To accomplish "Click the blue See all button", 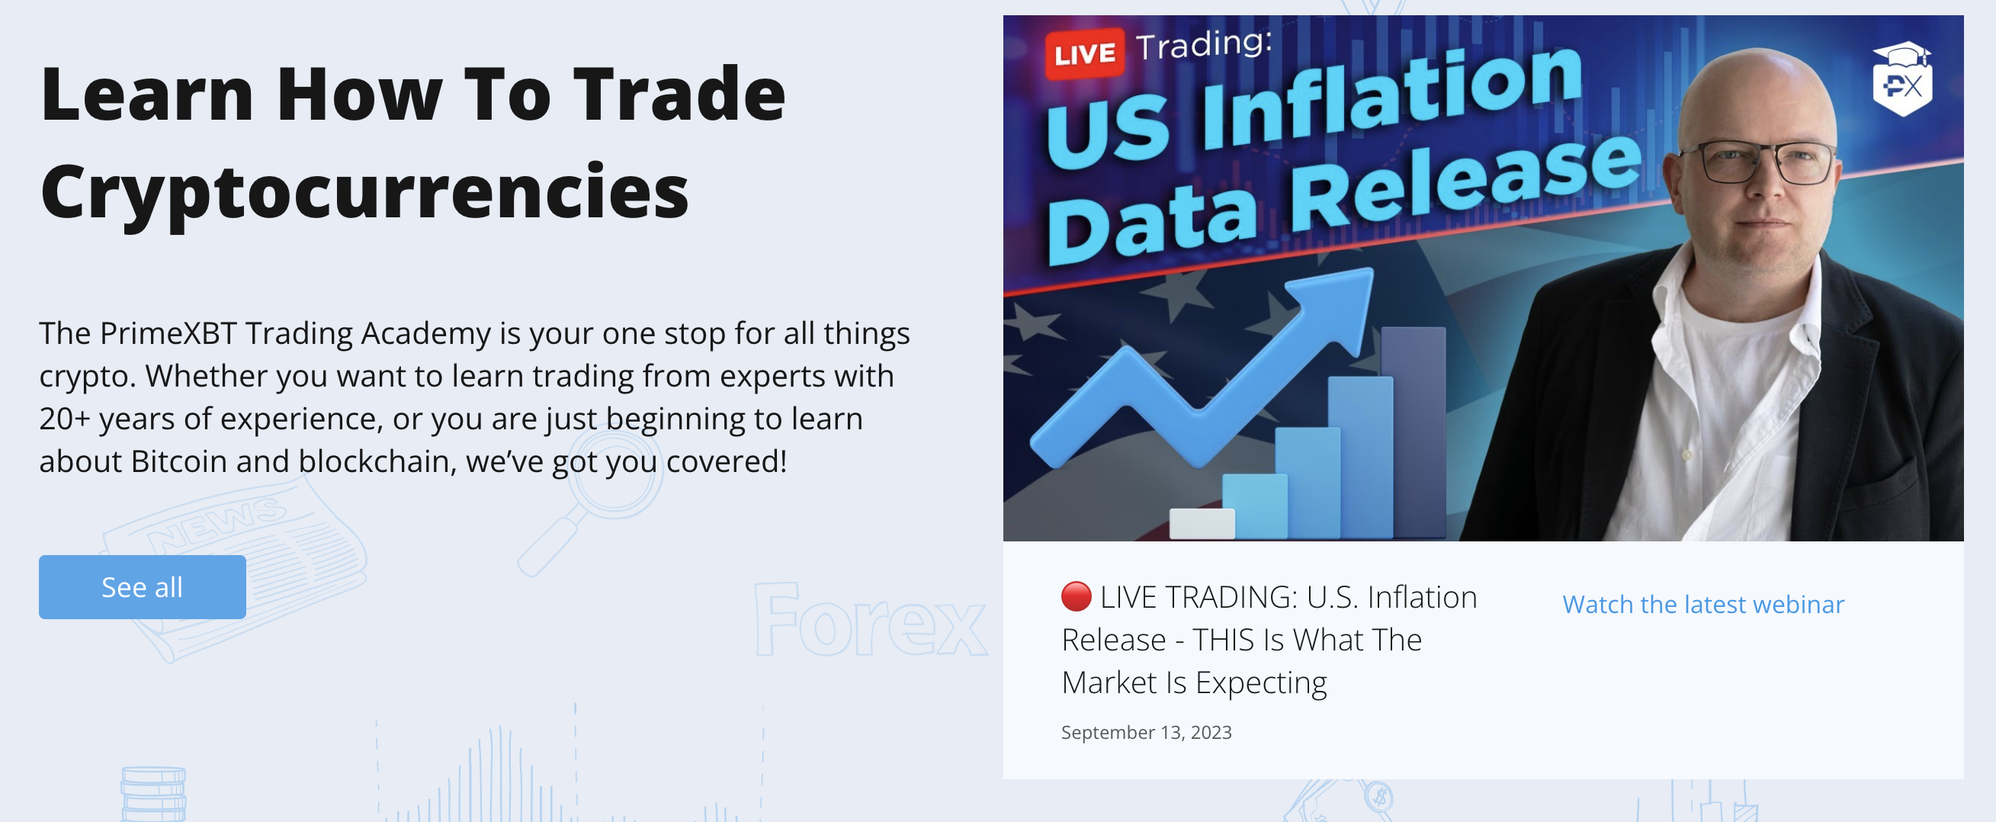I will (143, 586).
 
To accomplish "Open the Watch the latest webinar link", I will (1702, 604).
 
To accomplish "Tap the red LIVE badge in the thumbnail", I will (1084, 53).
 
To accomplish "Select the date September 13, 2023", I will (1146, 732).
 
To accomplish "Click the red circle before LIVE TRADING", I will (1076, 596).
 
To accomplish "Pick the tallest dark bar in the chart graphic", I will (1414, 430).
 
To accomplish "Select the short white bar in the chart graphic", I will (1202, 523).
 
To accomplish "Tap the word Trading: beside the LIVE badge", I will (1203, 44).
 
